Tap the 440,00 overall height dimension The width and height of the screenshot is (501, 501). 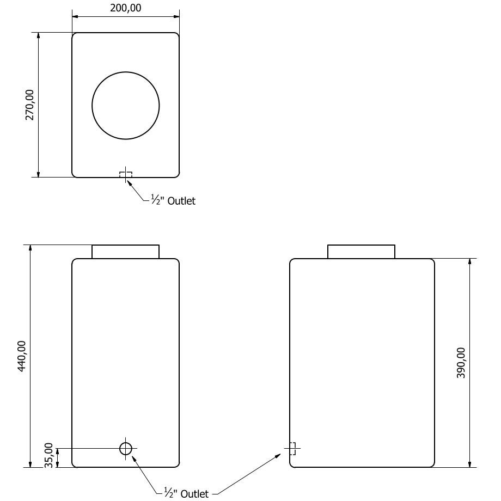pos(22,356)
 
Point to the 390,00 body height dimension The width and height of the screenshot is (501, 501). pos(461,363)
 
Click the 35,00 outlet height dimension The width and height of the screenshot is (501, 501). pos(48,455)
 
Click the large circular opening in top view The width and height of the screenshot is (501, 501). pos(125,105)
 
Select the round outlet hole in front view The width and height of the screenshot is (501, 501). pos(125,448)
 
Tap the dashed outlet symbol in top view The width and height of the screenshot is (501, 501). pos(125,174)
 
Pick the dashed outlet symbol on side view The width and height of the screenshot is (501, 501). pos(292,448)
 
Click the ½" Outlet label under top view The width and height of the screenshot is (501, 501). pos(173,201)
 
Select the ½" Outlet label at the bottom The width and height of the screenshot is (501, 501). pos(186,493)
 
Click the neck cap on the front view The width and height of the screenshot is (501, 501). pos(125,252)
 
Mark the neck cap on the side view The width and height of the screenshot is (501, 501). pos(361,252)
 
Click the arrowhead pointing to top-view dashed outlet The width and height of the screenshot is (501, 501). pos(130,182)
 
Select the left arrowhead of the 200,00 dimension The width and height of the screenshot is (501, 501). pos(76,16)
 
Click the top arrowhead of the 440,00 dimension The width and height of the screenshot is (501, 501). pos(30,249)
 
